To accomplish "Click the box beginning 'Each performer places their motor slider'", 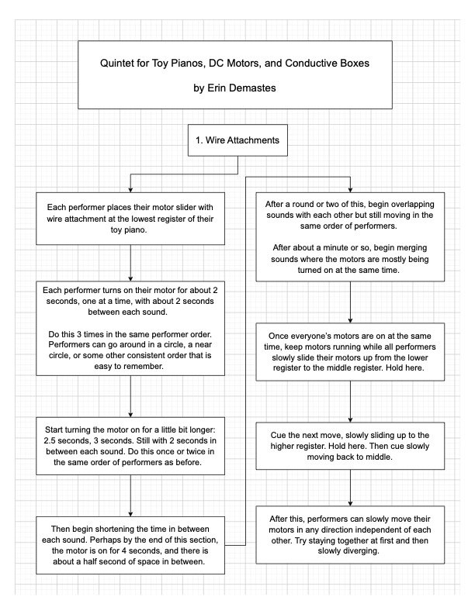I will tap(130, 219).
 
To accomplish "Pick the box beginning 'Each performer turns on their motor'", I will tap(130, 328).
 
